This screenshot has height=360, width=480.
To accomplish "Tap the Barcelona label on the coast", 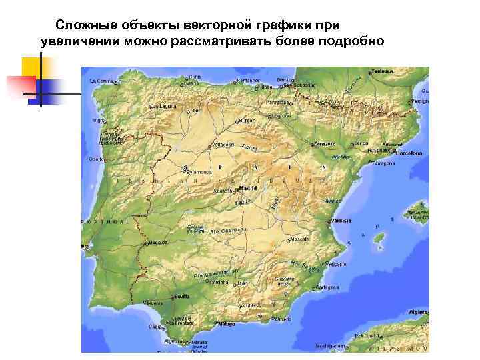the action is pos(410,153).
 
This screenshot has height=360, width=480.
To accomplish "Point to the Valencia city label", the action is pos(341,220).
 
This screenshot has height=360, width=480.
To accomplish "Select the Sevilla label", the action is pos(181,296).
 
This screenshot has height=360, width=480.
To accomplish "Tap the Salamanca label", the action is pos(198,172).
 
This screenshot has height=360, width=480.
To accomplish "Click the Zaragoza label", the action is pos(325,143).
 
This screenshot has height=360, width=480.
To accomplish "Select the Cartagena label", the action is pos(327,288).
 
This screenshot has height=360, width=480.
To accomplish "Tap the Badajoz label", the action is pos(159,243).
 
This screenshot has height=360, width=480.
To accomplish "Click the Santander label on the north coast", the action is pos(248,81).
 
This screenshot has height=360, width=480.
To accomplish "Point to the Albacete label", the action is pos(300,238).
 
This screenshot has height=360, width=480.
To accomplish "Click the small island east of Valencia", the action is pos(379,237).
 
